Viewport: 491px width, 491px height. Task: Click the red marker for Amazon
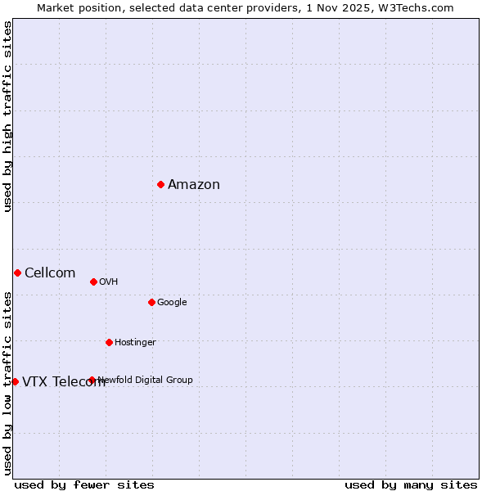click(x=160, y=184)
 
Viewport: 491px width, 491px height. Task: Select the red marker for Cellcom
click(x=17, y=273)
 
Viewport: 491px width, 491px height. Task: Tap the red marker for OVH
click(x=93, y=282)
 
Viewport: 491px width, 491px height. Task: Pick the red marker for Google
click(x=151, y=302)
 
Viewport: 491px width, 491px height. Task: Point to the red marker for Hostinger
click(x=109, y=342)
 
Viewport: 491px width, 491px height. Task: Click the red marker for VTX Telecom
click(x=15, y=381)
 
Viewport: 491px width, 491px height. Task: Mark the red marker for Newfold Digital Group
click(x=92, y=380)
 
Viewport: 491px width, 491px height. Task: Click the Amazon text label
click(x=194, y=185)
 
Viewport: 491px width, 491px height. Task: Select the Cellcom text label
click(x=50, y=273)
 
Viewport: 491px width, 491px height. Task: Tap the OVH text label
click(x=109, y=282)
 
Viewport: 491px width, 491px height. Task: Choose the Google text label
click(x=172, y=303)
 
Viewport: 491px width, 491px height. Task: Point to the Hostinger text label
click(x=135, y=343)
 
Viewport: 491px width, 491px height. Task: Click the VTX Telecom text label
click(x=64, y=382)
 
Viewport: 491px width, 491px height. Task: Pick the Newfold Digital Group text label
click(x=146, y=381)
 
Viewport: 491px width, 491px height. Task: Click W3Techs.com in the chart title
click(x=415, y=7)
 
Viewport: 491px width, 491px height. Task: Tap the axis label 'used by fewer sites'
click(x=84, y=485)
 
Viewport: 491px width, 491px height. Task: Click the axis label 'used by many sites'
click(x=411, y=485)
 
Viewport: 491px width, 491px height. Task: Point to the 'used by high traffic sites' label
click(x=7, y=116)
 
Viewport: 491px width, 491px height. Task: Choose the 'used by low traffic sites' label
click(x=7, y=383)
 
